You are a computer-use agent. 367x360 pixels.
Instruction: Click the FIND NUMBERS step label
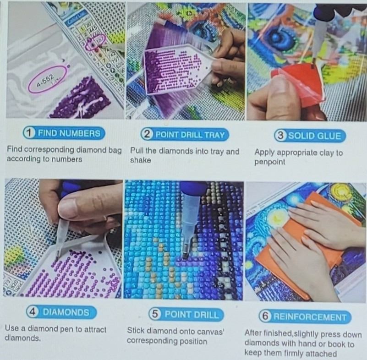point(64,133)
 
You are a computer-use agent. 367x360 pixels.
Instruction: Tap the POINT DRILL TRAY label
point(185,135)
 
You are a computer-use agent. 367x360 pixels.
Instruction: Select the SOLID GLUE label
point(310,136)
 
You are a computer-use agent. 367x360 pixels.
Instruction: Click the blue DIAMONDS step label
point(61,312)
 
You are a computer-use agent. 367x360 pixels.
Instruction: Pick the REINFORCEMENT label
point(305,316)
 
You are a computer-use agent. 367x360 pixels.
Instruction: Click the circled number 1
point(29,133)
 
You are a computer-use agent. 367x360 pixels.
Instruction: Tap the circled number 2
point(147,135)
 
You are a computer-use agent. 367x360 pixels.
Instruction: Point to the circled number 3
point(280,136)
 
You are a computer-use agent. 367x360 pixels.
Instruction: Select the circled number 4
point(33,312)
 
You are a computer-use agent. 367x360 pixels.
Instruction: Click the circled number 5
point(155,314)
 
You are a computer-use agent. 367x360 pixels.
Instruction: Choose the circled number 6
point(265,316)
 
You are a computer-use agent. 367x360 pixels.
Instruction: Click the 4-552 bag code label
point(46,80)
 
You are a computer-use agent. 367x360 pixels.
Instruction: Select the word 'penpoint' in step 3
point(269,162)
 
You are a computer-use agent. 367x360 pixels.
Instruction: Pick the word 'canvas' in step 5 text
point(209,332)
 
